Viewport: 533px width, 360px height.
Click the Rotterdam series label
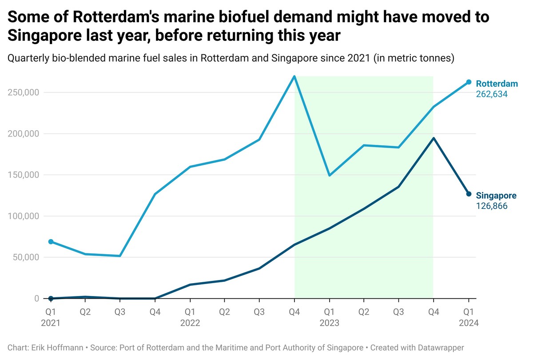click(497, 84)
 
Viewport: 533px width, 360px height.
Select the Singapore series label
click(496, 196)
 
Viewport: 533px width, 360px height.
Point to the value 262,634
click(492, 94)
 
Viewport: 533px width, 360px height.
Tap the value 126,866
click(492, 206)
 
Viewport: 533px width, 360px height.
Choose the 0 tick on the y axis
click(37, 298)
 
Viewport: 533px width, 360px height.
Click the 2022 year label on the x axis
click(190, 323)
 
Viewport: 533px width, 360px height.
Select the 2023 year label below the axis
click(329, 323)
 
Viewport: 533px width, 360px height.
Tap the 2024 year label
click(469, 323)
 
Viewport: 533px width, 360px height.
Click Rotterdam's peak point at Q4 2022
click(294, 76)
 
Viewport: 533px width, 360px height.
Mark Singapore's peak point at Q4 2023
click(434, 138)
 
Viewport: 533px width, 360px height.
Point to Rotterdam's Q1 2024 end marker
click(469, 82)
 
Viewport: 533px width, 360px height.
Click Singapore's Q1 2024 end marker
click(469, 194)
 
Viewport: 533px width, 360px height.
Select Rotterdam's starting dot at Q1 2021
click(51, 241)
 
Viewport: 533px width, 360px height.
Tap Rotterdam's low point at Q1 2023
click(329, 176)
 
